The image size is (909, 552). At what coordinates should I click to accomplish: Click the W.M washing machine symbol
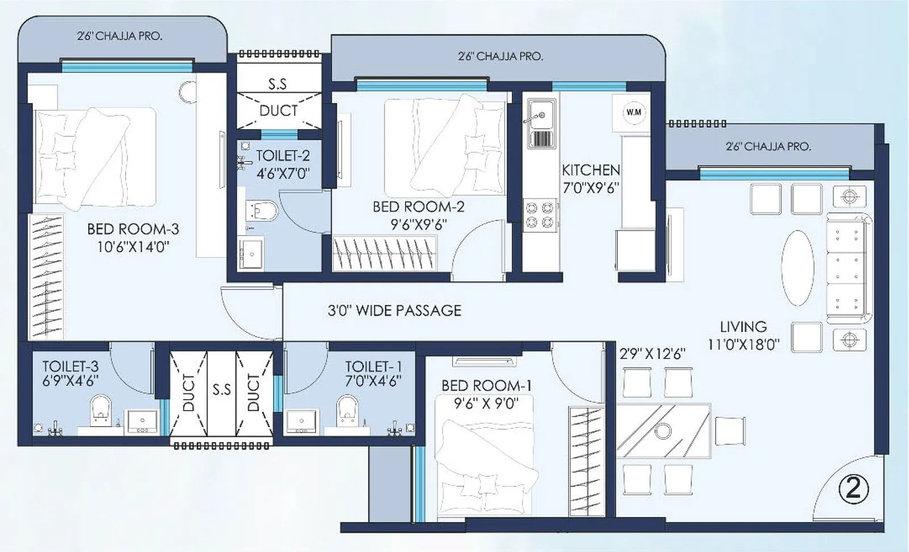click(x=633, y=112)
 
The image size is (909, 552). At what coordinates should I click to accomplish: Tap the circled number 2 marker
click(x=853, y=488)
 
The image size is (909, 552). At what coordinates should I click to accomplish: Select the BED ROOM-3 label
click(x=133, y=229)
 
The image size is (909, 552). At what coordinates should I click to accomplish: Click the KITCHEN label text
click(x=591, y=170)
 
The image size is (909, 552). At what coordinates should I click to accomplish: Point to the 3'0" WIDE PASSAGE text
click(x=394, y=310)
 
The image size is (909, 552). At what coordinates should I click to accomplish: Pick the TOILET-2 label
click(x=282, y=156)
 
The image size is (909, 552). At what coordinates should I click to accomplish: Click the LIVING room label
click(x=743, y=327)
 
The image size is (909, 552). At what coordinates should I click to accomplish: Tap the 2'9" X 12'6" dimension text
click(x=652, y=354)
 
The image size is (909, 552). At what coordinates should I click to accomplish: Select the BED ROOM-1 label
click(x=487, y=385)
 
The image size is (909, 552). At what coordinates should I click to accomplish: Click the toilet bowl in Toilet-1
click(x=347, y=410)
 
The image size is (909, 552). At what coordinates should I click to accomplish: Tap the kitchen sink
click(x=541, y=123)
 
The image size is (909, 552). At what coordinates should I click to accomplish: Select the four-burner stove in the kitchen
click(x=540, y=214)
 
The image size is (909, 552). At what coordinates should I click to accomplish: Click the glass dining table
click(x=663, y=430)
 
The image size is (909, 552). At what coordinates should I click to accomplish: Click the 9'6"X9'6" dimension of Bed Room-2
click(x=419, y=225)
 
